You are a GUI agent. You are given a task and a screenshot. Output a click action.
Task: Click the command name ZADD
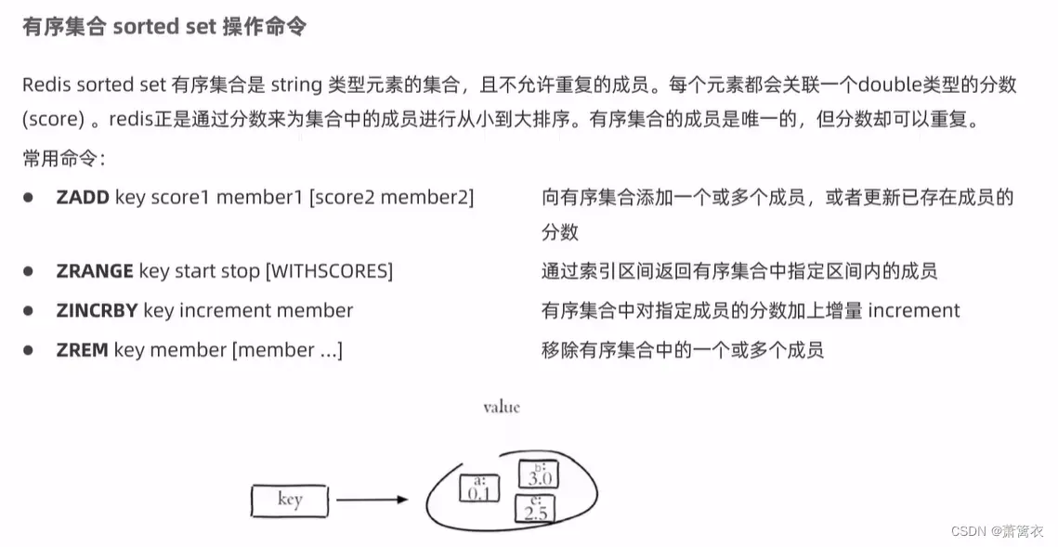click(83, 198)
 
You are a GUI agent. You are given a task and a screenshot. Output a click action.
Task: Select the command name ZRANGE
click(95, 271)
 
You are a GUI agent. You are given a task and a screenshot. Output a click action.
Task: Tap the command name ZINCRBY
click(98, 310)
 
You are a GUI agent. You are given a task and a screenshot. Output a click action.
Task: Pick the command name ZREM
click(83, 350)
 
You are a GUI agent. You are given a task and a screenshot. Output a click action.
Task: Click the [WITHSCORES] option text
click(329, 271)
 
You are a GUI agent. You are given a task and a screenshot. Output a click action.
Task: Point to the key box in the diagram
click(290, 501)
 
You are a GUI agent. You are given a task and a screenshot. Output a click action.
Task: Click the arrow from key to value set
click(372, 500)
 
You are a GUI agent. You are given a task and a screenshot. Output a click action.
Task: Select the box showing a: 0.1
click(479, 488)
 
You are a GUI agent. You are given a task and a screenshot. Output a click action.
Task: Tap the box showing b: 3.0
click(539, 474)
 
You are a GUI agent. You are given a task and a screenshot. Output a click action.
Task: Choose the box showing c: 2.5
click(535, 508)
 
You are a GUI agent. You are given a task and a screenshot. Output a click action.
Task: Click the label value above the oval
click(502, 407)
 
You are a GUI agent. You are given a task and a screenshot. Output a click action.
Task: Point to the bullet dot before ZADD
click(29, 198)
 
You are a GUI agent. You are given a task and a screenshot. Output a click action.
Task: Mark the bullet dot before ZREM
click(29, 350)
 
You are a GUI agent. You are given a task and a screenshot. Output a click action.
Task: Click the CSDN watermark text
click(998, 531)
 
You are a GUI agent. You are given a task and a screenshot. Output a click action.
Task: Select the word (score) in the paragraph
click(53, 120)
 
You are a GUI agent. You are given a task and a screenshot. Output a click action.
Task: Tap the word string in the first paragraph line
click(296, 85)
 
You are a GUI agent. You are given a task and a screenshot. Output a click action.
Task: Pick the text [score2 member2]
click(391, 198)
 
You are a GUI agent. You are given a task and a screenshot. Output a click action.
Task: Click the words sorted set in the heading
click(164, 27)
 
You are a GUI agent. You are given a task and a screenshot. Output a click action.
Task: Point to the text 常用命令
click(60, 159)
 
